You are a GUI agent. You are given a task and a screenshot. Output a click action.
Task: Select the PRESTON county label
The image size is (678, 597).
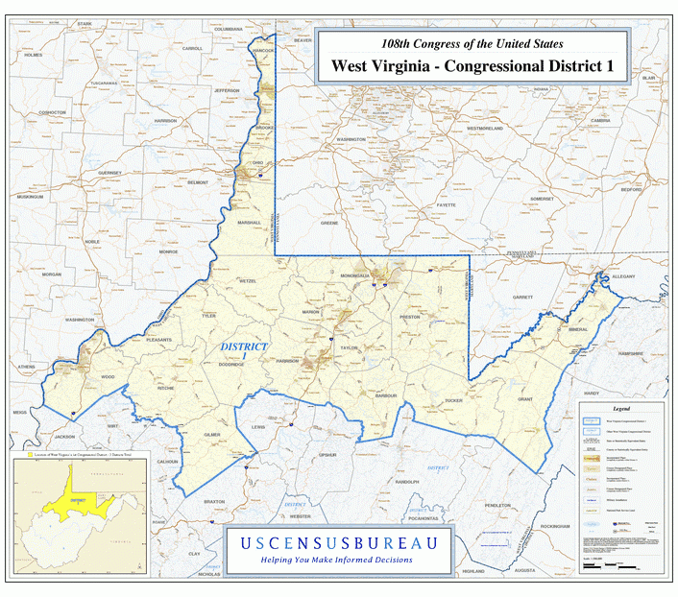point(410,316)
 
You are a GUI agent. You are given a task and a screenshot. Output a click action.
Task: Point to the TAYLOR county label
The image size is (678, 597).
point(348,348)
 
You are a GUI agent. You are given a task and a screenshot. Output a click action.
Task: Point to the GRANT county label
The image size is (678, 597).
point(524,398)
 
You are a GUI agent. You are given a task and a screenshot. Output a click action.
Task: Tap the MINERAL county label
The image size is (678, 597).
point(577,329)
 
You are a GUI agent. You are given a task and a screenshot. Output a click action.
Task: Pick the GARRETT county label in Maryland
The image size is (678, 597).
point(521,298)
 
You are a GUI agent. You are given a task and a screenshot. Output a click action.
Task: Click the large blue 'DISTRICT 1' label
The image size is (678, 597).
point(244,350)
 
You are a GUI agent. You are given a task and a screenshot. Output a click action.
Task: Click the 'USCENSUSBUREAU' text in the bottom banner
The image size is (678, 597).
point(338,543)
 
